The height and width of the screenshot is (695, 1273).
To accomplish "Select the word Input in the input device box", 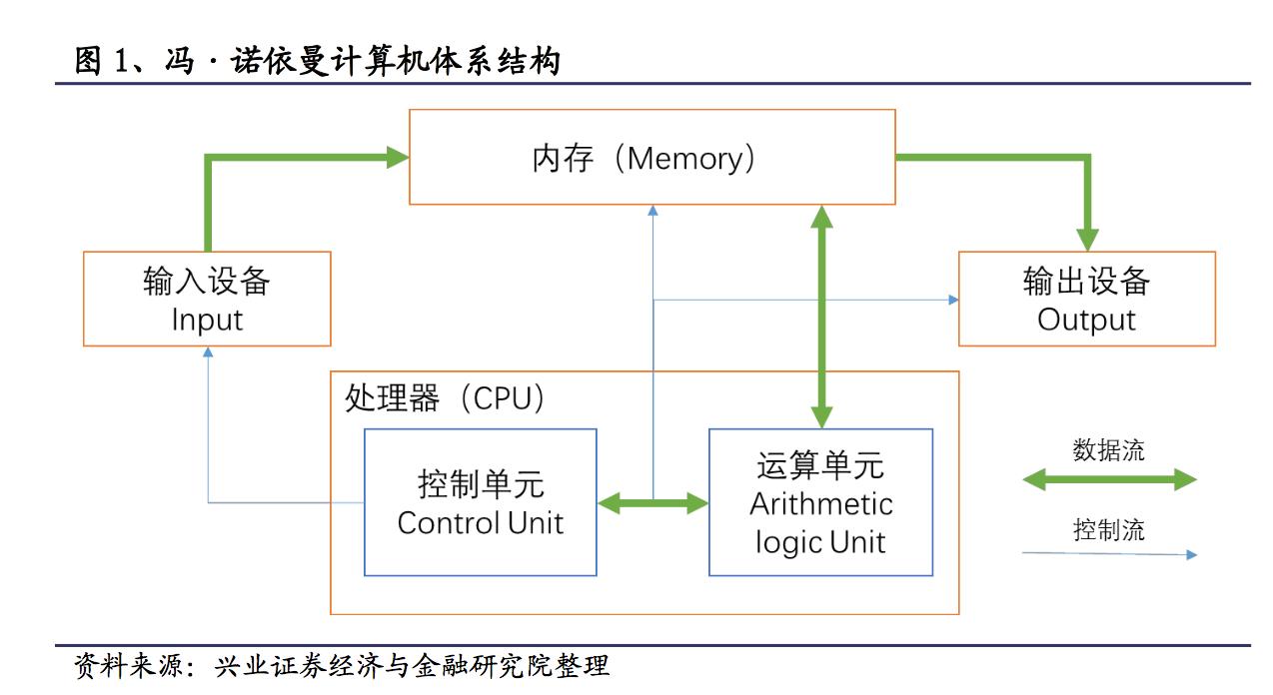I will [x=207, y=321].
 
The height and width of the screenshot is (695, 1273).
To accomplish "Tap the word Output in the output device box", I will [x=1086, y=321].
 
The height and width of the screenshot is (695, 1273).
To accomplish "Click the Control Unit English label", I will [x=481, y=522].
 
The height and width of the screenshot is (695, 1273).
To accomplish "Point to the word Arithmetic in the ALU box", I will [x=820, y=503].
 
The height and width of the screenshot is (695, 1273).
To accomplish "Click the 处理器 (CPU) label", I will [x=446, y=398].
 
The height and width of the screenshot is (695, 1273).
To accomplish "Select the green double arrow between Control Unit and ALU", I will [x=652, y=504].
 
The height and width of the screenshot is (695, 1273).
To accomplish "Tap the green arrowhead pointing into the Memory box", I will [x=398, y=156].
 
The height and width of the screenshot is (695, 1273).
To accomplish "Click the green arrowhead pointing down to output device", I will [x=1087, y=240].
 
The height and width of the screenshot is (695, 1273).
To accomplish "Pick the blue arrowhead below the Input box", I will [x=208, y=352].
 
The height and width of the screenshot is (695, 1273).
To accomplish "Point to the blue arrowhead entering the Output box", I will [x=952, y=299].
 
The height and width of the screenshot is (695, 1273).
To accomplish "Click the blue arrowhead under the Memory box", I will [x=652, y=211].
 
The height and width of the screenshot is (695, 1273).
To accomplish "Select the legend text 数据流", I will [x=1108, y=450].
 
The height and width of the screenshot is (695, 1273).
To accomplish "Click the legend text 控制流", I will [x=1108, y=530].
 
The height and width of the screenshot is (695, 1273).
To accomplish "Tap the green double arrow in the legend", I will [x=1109, y=480].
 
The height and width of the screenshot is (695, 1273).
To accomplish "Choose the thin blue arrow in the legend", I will [x=1109, y=553].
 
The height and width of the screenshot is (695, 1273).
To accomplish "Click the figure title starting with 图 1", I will [x=318, y=62].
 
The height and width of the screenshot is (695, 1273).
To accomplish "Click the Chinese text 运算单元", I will [x=820, y=465].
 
